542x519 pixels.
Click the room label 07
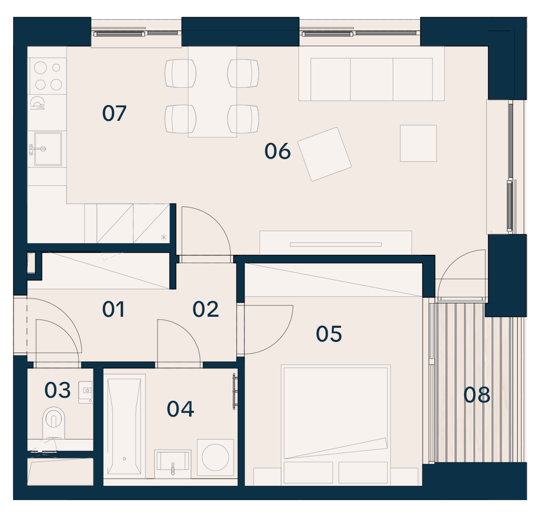114,113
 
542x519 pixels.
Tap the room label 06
277,151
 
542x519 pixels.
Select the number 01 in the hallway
113,309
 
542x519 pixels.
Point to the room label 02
206,309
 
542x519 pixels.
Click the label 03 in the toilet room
57,390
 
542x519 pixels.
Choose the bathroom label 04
181,409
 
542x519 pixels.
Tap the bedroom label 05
329,334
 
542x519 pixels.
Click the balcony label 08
477,395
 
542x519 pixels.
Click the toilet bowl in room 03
54,422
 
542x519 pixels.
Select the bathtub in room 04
124,427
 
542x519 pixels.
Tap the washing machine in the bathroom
215,457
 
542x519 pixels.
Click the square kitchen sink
48,149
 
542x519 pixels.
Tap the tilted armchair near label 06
324,154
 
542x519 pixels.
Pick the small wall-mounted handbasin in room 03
86,392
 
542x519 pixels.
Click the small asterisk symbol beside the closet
164,237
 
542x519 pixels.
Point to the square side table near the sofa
418,143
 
